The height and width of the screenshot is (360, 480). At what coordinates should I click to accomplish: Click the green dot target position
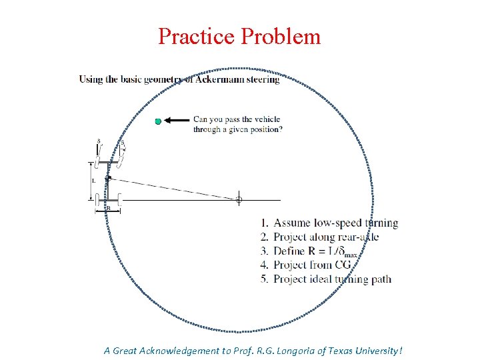(158, 121)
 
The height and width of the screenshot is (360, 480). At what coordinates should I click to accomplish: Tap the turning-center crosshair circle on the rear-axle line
(239, 199)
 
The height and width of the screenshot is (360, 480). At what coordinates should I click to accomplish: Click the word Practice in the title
(197, 36)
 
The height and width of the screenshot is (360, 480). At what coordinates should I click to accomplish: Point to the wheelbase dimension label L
(93, 181)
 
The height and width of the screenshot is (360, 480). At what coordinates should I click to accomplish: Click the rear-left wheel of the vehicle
(98, 199)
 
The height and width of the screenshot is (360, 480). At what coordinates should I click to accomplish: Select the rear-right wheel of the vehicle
(119, 199)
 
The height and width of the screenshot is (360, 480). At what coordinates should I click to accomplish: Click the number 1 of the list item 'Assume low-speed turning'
(264, 223)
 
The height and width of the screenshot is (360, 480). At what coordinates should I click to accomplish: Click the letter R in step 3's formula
(311, 251)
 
